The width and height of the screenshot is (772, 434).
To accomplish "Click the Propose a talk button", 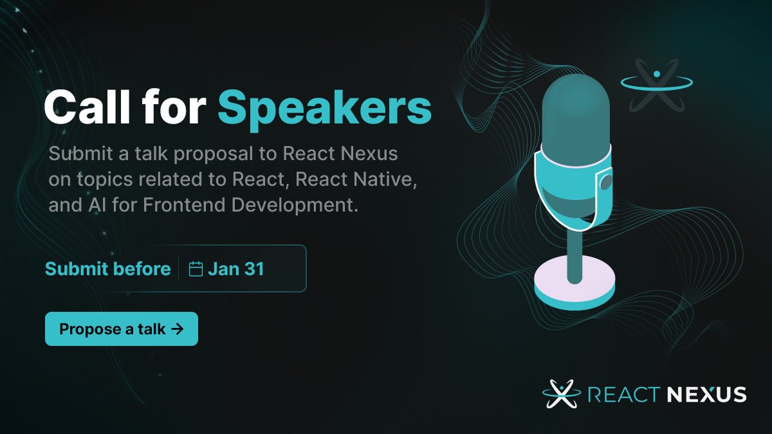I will tap(121, 329).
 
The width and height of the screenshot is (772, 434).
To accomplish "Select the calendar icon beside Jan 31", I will tap(196, 269).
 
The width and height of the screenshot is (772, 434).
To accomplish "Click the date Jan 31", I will tap(236, 269).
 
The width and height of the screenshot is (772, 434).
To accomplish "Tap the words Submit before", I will tap(107, 269).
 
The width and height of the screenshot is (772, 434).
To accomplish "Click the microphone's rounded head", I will tap(574, 109).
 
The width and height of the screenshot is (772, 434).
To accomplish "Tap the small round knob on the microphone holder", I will tap(605, 184).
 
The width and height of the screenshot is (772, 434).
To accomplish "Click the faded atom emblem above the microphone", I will tap(656, 84).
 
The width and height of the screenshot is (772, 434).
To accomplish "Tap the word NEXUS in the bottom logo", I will tap(706, 394).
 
